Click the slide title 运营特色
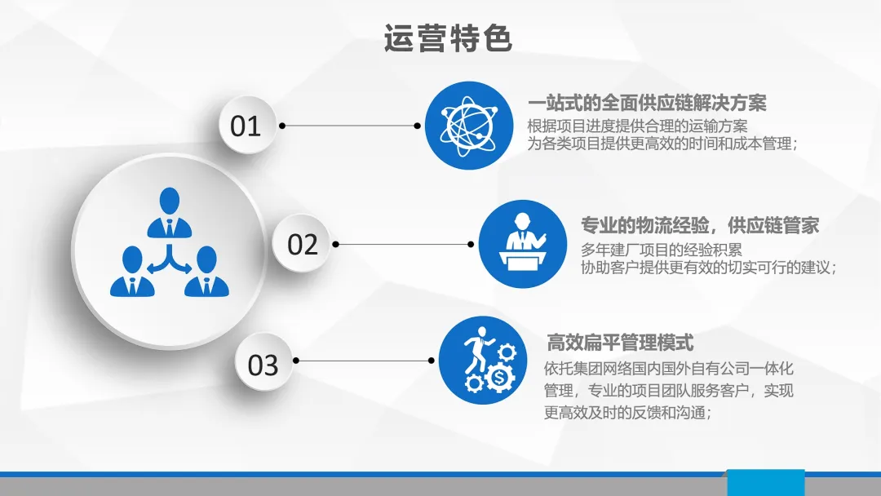[448, 38]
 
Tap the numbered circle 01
[246, 126]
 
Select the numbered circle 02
[302, 244]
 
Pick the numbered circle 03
[263, 363]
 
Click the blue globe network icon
[468, 126]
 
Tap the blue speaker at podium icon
[523, 244]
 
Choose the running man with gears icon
[483, 360]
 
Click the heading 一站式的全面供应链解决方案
[647, 103]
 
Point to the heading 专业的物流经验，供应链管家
[700, 225]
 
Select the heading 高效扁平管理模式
[620, 342]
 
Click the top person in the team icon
[170, 213]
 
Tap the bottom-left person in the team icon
[133, 272]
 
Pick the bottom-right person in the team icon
[206, 272]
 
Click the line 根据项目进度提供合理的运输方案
[637, 126]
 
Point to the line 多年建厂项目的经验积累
[662, 250]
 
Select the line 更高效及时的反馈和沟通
[627, 412]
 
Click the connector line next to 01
[349, 126]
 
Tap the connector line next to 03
[364, 361]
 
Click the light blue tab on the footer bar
[766, 482]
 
